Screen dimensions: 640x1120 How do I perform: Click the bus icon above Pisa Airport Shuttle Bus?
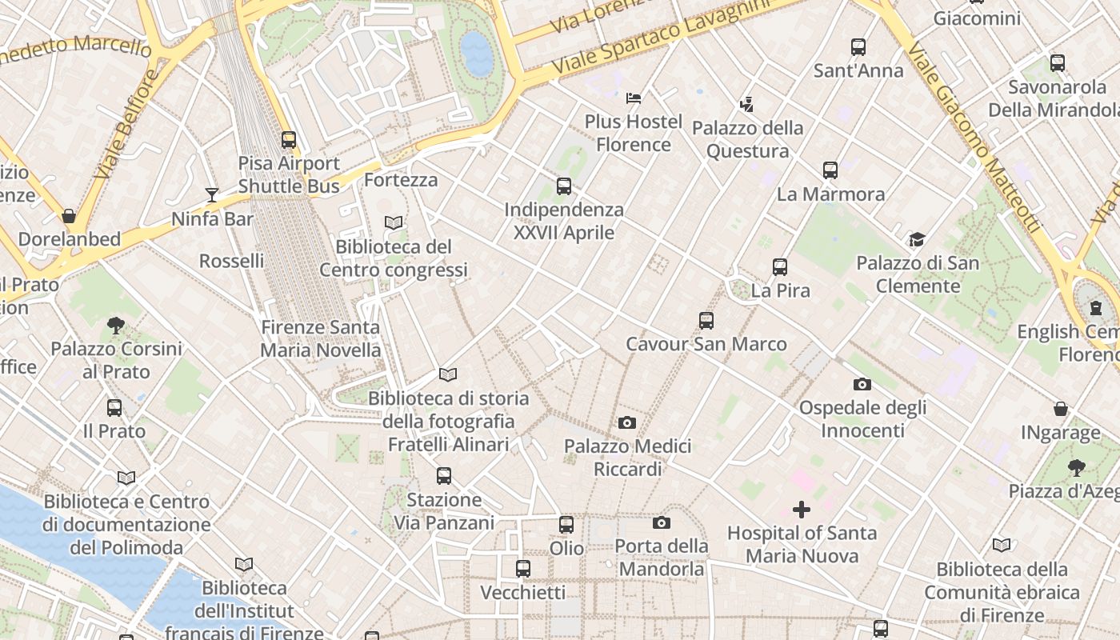[289, 140]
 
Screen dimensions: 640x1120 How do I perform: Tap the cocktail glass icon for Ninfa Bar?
[211, 195]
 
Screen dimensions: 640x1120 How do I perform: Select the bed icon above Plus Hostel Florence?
[634, 98]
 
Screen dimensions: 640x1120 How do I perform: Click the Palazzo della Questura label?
[747, 139]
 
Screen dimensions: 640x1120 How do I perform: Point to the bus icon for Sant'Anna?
[858, 47]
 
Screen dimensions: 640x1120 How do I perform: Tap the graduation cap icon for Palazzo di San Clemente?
[917, 239]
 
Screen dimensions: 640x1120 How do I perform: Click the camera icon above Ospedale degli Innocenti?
[862, 384]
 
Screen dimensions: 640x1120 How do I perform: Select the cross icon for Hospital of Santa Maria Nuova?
[801, 510]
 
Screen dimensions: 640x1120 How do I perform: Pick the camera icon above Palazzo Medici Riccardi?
[627, 422]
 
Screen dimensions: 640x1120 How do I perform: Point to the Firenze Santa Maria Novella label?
[321, 338]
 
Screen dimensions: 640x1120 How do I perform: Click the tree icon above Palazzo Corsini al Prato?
[116, 325]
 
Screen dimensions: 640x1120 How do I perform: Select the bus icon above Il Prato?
[114, 408]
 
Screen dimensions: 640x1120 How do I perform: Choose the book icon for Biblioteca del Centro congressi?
[393, 223]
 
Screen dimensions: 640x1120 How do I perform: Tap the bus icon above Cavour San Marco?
[706, 321]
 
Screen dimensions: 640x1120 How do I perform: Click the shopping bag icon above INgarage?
[1061, 410]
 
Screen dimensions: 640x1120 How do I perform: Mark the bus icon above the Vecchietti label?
[523, 569]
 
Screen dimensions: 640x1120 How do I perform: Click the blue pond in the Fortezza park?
[477, 53]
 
